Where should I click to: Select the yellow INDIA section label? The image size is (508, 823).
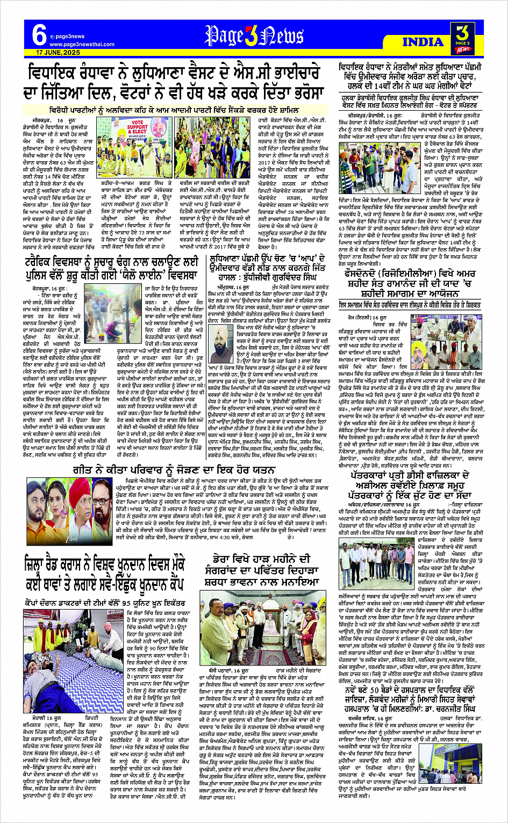[x=423, y=42]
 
